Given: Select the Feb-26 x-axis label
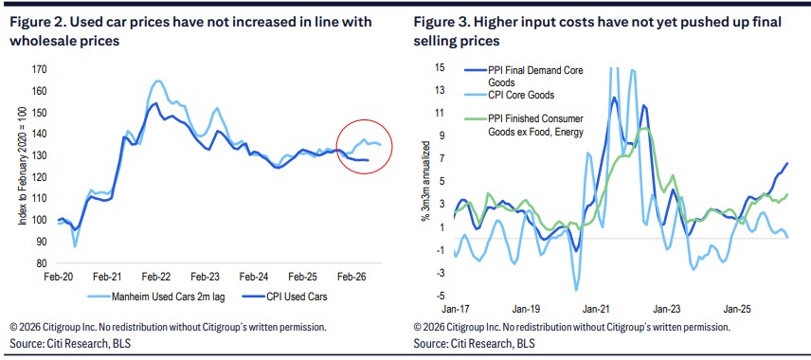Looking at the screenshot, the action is point(351,277).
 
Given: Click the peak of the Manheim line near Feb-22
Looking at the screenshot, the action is point(157,81).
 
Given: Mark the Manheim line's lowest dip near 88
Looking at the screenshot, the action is point(76,246).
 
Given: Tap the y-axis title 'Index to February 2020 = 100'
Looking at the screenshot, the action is point(24,170).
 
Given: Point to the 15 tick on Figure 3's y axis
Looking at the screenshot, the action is point(440,68).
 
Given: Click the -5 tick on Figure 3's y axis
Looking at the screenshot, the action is point(440,296).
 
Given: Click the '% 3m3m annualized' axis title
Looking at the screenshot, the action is point(424,185).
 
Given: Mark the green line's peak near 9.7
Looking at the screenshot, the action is point(643,128).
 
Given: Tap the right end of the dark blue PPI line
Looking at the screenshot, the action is point(787,164).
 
